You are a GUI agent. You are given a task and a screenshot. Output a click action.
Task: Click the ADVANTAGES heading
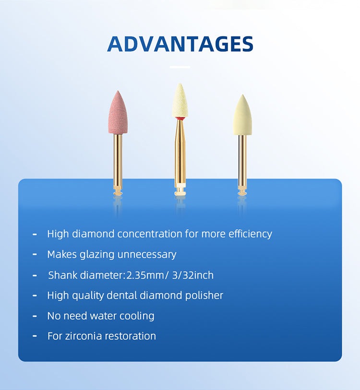coord(180,44)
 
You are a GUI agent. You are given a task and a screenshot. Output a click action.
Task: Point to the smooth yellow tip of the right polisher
coord(242,115)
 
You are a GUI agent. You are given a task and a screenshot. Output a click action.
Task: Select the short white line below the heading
coord(180,67)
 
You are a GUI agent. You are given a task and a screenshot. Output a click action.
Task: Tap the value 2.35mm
coord(144,275)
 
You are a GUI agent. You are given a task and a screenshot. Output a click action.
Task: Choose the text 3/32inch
coord(192,275)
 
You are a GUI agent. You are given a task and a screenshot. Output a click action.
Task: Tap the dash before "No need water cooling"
coord(35,316)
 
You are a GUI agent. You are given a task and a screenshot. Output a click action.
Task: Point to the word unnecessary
coord(147,255)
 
